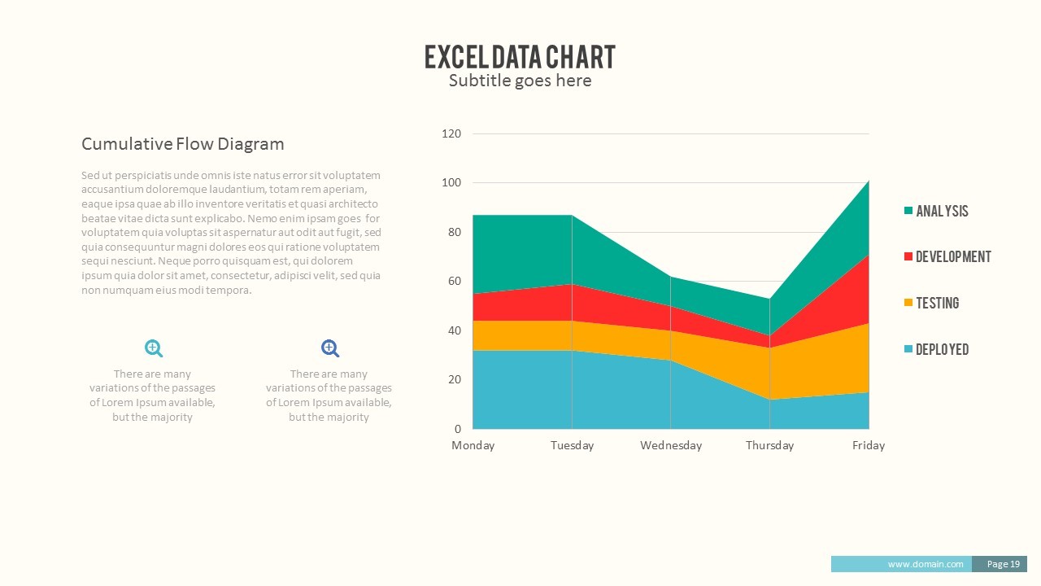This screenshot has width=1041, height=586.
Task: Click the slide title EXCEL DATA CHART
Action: click(520, 57)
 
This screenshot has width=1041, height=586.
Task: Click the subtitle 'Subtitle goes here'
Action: click(520, 81)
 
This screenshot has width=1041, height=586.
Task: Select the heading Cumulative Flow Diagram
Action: click(182, 144)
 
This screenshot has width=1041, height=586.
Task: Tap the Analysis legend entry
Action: click(941, 211)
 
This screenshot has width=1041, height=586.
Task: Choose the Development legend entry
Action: click(952, 257)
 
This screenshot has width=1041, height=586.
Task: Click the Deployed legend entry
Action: click(941, 350)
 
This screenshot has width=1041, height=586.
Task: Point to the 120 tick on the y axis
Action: click(451, 133)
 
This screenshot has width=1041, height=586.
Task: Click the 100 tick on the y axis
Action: click(451, 183)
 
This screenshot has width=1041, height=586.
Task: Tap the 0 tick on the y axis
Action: click(457, 429)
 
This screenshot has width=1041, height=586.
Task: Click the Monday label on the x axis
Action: click(473, 445)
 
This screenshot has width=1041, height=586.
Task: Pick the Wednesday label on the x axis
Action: click(670, 445)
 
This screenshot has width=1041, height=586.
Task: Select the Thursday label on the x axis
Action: click(769, 445)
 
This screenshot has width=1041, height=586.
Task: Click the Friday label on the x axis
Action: click(868, 445)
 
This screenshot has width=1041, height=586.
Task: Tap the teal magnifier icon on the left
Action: click(153, 348)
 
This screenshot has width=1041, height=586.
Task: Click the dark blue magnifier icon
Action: click(329, 348)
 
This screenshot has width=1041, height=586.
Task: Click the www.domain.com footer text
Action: click(925, 564)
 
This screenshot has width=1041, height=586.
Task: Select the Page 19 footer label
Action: click(1003, 564)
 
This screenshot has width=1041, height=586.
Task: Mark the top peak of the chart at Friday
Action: click(869, 181)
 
